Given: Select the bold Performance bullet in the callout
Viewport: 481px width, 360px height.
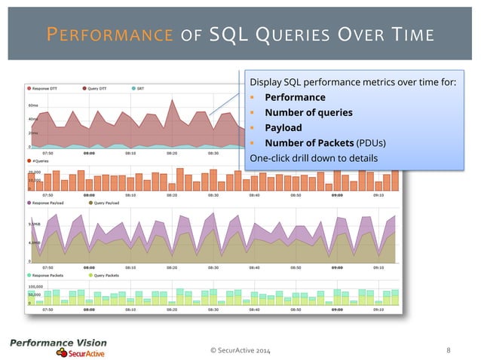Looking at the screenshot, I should [x=293, y=97].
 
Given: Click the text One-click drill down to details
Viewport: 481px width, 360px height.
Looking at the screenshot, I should [x=313, y=157].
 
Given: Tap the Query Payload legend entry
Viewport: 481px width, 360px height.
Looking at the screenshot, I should [x=106, y=203].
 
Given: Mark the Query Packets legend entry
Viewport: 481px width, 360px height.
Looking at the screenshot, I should [x=104, y=275].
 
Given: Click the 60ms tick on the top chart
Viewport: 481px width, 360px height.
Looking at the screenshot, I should [x=34, y=105].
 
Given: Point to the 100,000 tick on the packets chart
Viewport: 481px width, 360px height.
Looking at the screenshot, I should [x=35, y=287].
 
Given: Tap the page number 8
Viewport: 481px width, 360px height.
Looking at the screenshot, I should [x=449, y=349].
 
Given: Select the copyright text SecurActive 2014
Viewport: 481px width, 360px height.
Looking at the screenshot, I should [x=241, y=349].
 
